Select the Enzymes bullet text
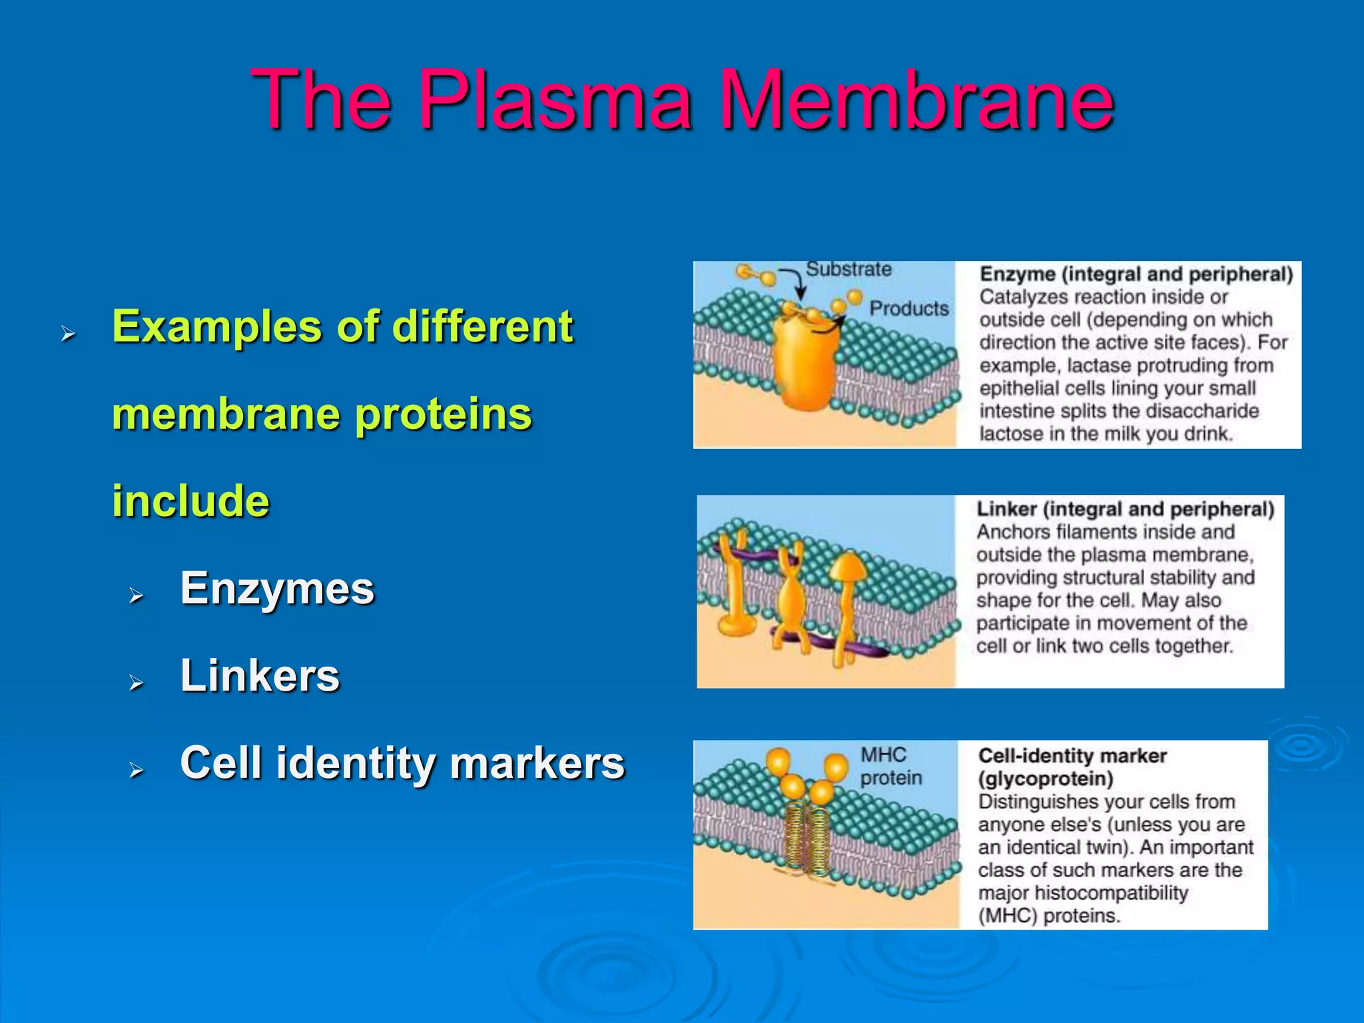tap(277, 589)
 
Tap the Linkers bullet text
tap(260, 675)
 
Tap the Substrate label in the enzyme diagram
tap(849, 269)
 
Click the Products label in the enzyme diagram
tap(908, 308)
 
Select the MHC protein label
tap(889, 766)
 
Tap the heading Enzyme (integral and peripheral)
tap(1136, 274)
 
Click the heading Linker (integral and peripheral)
tap(1125, 510)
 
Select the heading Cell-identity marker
tap(1072, 756)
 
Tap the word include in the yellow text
tap(190, 501)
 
